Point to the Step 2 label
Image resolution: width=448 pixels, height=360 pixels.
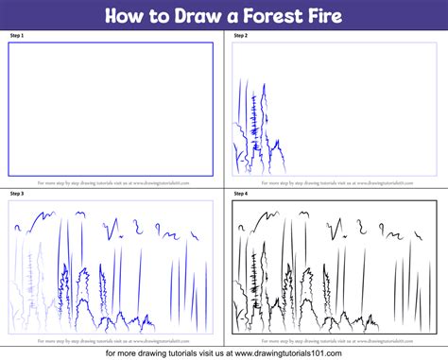tap(239, 35)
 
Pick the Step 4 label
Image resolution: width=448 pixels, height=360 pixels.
tap(239, 193)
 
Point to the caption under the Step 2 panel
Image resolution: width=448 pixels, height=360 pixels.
tap(336, 182)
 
